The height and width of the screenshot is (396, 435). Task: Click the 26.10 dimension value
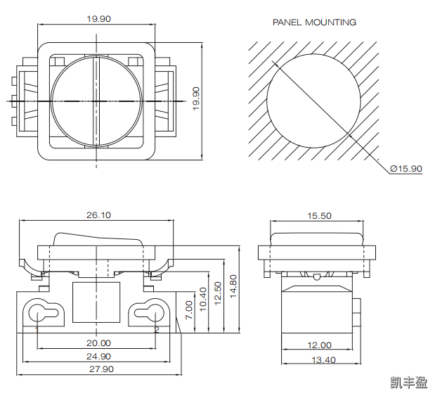coord(98,215)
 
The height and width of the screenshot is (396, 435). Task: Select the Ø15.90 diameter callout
coord(406,168)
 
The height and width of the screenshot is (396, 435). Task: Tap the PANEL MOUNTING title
coord(314,23)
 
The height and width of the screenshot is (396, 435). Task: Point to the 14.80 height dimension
coord(234,287)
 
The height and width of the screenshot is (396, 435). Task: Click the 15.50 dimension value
coord(319,216)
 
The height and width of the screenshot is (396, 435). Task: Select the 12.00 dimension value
coord(319,345)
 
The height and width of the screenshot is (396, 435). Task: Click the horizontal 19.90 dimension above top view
coord(98,19)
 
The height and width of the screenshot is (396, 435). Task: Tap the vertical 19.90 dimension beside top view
coord(196,98)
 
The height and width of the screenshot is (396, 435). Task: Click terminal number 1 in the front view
coord(37,328)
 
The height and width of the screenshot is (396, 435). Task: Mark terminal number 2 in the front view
coord(157,328)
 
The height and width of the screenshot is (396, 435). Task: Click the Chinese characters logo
coord(409,383)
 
